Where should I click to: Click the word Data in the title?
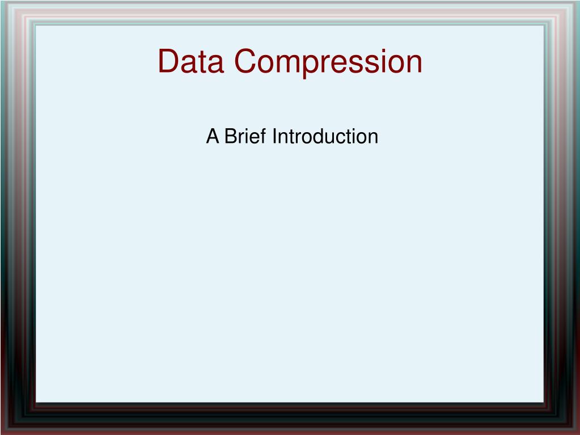(x=191, y=61)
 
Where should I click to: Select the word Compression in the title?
(x=328, y=64)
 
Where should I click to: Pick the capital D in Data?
(x=168, y=61)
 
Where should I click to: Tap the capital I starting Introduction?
(x=274, y=136)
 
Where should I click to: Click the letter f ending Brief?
(x=263, y=136)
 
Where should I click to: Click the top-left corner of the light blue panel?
(x=36, y=26)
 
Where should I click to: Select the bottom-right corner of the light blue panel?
(x=544, y=402)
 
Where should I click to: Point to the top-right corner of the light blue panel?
(x=544, y=26)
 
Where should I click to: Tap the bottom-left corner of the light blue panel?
(x=36, y=402)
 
